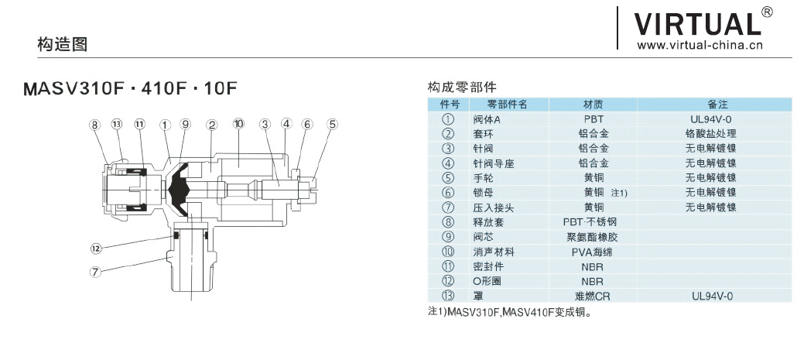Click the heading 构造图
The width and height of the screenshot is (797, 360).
click(x=62, y=44)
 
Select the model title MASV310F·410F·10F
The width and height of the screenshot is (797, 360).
click(x=129, y=87)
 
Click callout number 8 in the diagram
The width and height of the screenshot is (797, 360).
click(x=94, y=124)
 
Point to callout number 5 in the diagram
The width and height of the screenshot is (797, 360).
click(x=332, y=124)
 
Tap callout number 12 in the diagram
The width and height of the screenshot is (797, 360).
click(x=96, y=249)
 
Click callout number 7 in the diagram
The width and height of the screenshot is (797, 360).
click(x=96, y=272)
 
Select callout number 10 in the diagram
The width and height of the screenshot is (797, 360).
click(x=238, y=124)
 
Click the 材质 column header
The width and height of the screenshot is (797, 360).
click(x=593, y=104)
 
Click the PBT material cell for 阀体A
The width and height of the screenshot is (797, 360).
click(x=593, y=119)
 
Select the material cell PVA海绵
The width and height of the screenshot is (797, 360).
click(x=593, y=252)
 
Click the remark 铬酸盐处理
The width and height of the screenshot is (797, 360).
click(x=710, y=134)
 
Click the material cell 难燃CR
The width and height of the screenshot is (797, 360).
click(x=593, y=296)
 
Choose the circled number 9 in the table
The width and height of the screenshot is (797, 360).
click(x=447, y=237)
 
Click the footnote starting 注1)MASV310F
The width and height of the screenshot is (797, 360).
click(x=509, y=313)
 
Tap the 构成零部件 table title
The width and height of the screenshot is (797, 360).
click(x=462, y=87)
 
